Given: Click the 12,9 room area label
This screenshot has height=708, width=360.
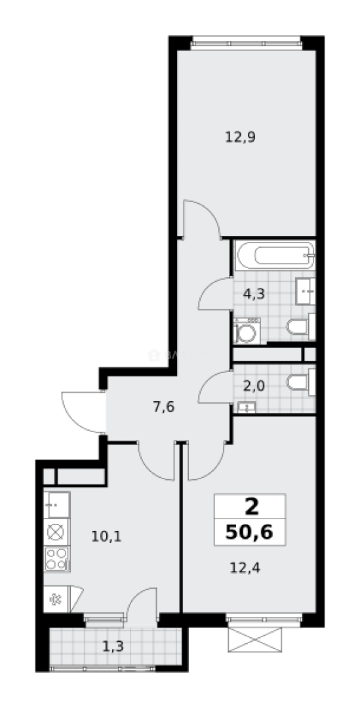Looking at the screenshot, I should pos(240,138).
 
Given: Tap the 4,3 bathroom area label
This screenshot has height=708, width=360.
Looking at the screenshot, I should pos(254,294).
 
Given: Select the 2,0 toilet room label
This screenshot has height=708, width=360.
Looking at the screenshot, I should pos(254,385).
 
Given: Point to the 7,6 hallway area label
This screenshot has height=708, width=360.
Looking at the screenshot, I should pos(164,406).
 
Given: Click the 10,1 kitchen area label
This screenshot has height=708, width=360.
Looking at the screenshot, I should pos(107,536).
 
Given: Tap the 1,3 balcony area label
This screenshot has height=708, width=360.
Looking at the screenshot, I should pos(113,646).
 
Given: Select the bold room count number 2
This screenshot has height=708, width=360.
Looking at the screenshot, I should pos(250,507).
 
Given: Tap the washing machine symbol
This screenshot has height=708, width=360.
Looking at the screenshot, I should pos(247,332).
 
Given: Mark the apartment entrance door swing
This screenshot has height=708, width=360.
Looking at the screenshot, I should pos(82,411).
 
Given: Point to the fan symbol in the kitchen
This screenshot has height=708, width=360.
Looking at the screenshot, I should pos(55,598).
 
